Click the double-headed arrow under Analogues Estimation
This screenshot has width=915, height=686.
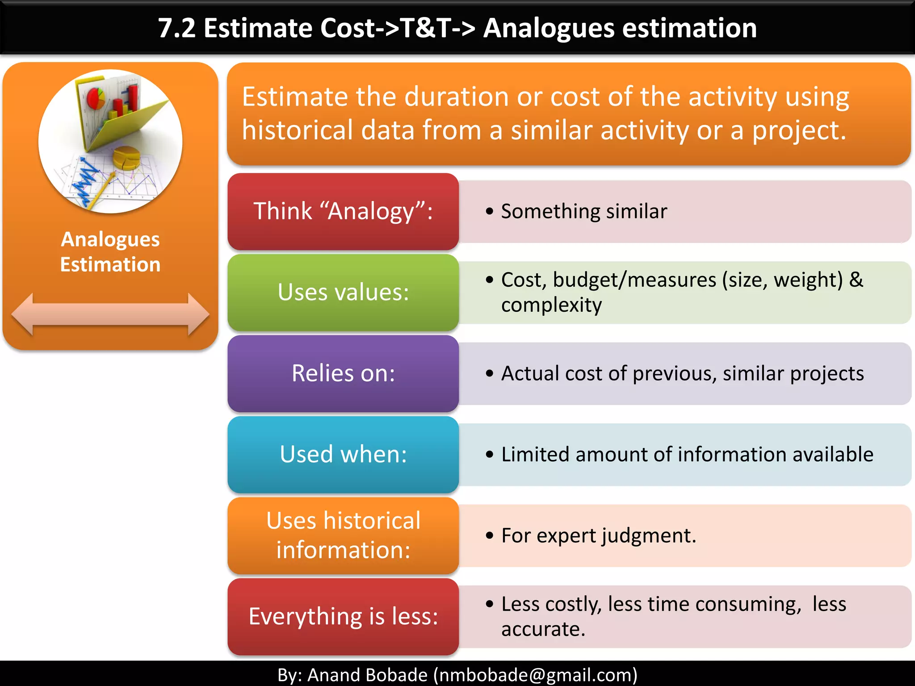(110, 314)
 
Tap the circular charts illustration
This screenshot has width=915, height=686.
(110, 141)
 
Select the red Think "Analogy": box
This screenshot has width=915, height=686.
(343, 211)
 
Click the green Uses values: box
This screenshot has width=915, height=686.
(343, 293)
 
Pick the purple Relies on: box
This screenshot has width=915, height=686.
(343, 373)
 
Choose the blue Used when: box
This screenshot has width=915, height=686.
(343, 455)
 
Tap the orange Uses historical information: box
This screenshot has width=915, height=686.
(343, 535)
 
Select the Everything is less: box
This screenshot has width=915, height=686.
(343, 617)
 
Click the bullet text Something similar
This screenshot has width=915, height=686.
(583, 211)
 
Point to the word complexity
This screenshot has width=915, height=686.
(551, 305)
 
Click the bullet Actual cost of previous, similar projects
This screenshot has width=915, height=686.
(682, 373)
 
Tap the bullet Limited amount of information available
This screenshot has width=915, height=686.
(687, 455)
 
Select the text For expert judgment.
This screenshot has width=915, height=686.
(598, 535)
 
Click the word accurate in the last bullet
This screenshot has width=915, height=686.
(542, 629)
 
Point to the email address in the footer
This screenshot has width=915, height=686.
(535, 675)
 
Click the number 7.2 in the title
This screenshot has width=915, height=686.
(177, 28)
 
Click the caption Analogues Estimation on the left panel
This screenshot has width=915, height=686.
(110, 252)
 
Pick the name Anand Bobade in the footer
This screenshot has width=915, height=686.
(367, 675)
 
